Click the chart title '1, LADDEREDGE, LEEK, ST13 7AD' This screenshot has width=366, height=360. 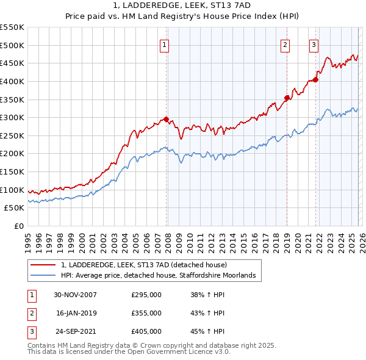pos(182,5)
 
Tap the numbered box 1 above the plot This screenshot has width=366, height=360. pos(165,44)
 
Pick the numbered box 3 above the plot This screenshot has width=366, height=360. pos(314,44)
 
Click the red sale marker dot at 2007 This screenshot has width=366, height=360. pos(166,120)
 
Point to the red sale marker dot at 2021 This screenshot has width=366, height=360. pos(316,79)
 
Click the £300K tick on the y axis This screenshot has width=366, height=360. pos(12,117)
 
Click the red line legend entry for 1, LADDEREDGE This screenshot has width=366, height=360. pos(144,265)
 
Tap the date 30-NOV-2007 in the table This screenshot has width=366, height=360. pos(76,295)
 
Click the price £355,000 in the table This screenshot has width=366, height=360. pos(146,313)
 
